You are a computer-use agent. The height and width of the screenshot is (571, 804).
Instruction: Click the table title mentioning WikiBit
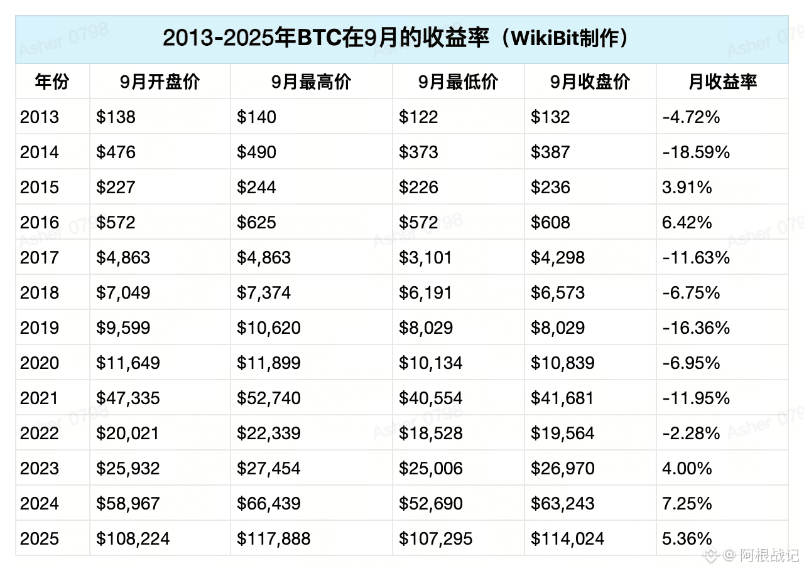[396, 38]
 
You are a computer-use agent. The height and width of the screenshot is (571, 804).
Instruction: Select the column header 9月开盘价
[160, 82]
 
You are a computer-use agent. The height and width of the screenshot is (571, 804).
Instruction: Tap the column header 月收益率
[722, 82]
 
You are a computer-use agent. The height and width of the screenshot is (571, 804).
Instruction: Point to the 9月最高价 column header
[311, 82]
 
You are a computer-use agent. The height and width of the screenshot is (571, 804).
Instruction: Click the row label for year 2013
[40, 117]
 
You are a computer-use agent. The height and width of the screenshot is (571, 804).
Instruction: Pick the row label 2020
[40, 363]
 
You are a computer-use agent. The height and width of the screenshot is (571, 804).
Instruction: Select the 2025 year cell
[40, 539]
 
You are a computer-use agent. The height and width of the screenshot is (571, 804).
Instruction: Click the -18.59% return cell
[696, 152]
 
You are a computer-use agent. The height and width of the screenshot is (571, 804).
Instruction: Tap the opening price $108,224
[133, 539]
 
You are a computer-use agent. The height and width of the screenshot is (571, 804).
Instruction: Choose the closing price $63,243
[562, 504]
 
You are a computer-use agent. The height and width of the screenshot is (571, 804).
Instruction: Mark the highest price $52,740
[268, 398]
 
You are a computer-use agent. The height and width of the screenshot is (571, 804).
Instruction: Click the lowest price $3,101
[425, 257]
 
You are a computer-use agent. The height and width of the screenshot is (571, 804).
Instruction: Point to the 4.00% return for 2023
[687, 469]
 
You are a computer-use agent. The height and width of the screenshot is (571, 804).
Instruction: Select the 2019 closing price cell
[558, 328]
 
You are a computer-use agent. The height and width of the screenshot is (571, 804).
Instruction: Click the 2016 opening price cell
[116, 222]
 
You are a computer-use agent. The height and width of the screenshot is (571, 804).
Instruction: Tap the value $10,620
[268, 328]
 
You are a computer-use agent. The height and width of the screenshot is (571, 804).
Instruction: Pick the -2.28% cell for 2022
[691, 434]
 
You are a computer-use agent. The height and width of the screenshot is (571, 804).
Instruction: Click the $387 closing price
[550, 152]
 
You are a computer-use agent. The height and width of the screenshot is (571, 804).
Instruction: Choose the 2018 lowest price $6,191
[425, 292]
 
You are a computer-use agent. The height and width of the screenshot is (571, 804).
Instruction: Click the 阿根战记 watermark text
[769, 555]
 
